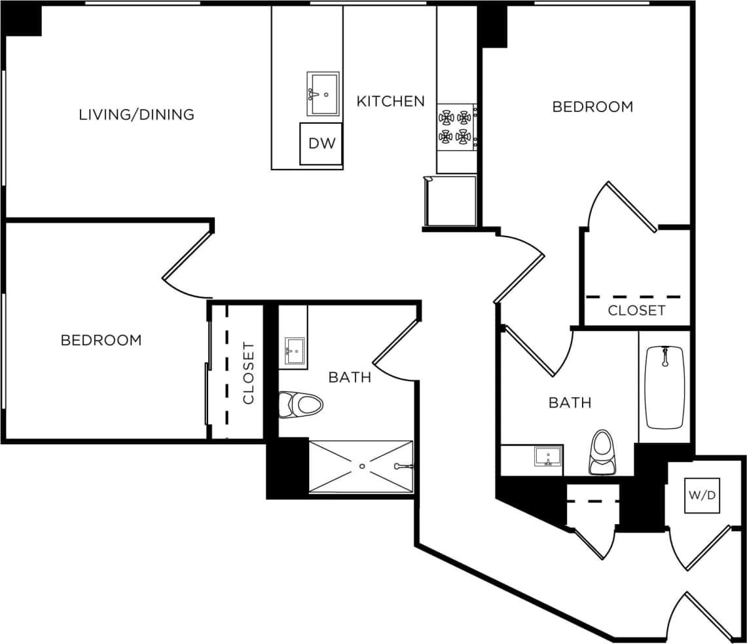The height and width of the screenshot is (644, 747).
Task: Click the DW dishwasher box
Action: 321,143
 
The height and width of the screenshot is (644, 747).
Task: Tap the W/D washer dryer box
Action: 702,496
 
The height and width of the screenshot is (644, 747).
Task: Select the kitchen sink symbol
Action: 323,94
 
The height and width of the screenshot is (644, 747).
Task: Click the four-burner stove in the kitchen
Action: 456,127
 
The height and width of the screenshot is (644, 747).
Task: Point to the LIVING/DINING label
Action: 136,115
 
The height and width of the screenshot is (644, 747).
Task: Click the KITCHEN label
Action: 390,101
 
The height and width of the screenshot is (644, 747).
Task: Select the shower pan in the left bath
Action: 361,466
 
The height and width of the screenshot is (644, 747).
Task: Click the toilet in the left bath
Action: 301,404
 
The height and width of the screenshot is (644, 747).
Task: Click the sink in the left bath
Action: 294,352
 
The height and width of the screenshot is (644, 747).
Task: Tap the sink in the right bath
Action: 548,456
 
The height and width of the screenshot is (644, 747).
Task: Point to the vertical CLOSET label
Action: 248,373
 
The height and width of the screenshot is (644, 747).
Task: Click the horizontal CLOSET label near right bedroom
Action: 636,311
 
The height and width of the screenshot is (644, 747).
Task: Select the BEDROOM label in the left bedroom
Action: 101,340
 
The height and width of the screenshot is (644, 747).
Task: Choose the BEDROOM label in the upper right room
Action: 592,106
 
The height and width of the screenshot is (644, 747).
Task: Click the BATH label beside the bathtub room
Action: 570,402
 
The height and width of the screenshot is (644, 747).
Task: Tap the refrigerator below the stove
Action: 451,201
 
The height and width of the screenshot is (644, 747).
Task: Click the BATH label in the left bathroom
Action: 350,377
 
